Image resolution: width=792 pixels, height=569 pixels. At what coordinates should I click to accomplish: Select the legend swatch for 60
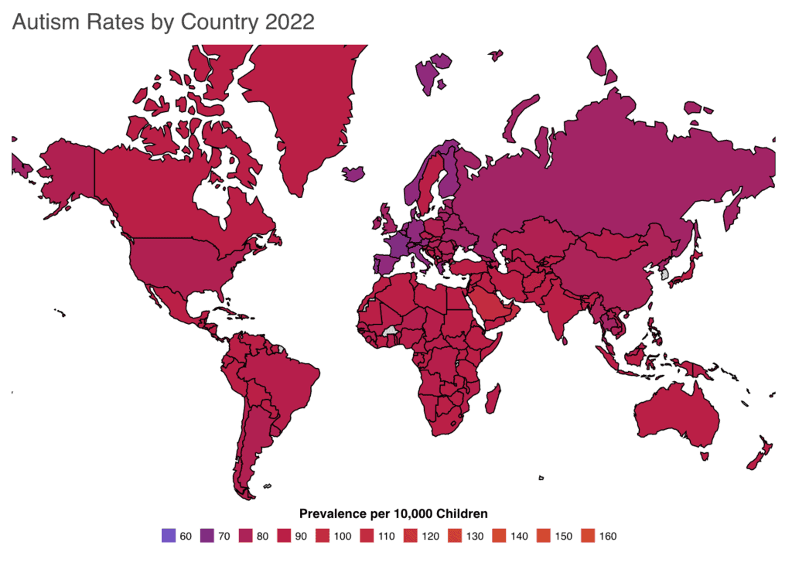tap(168, 535)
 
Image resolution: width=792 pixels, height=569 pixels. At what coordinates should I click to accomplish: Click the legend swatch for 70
tap(208, 535)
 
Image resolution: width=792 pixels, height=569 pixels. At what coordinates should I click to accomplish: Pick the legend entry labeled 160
tap(607, 535)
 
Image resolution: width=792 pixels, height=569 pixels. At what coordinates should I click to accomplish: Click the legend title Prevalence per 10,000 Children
tap(393, 514)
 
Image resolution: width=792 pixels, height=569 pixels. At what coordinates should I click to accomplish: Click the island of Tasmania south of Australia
tap(705, 456)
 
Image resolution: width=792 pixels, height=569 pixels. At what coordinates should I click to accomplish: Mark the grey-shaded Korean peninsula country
tap(664, 274)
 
